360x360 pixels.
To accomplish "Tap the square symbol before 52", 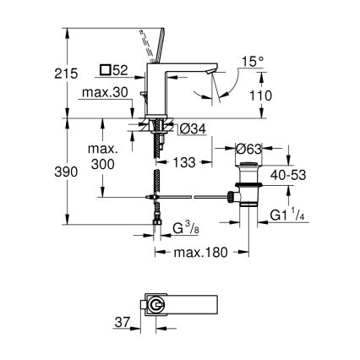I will [x=106, y=69].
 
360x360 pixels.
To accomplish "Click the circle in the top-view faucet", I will [x=155, y=305].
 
